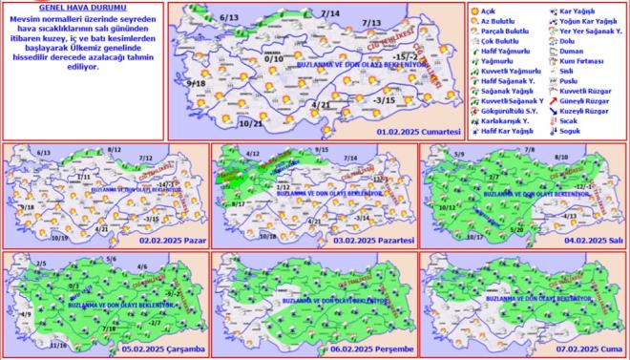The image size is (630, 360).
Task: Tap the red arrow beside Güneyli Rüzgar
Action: click(x=555, y=100)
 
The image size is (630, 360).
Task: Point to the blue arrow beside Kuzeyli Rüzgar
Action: click(x=555, y=111)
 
